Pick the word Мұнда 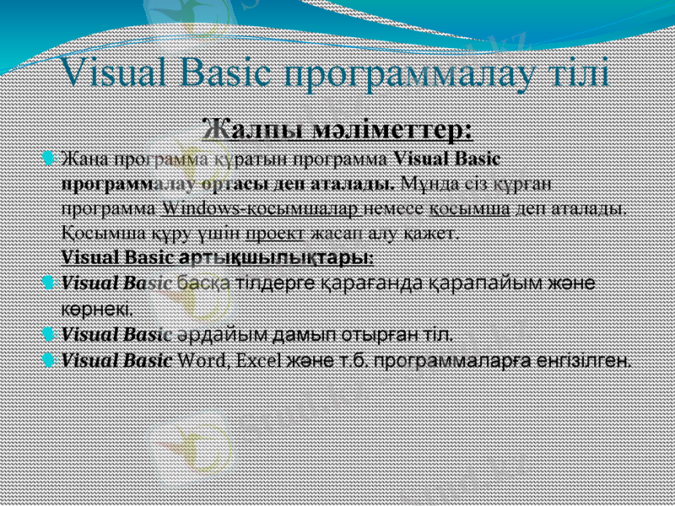pos(428,182)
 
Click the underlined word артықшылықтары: pos(278,256)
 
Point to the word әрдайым pos(207,335)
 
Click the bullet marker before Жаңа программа pos(49,158)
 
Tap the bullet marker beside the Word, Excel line pos(49,361)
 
